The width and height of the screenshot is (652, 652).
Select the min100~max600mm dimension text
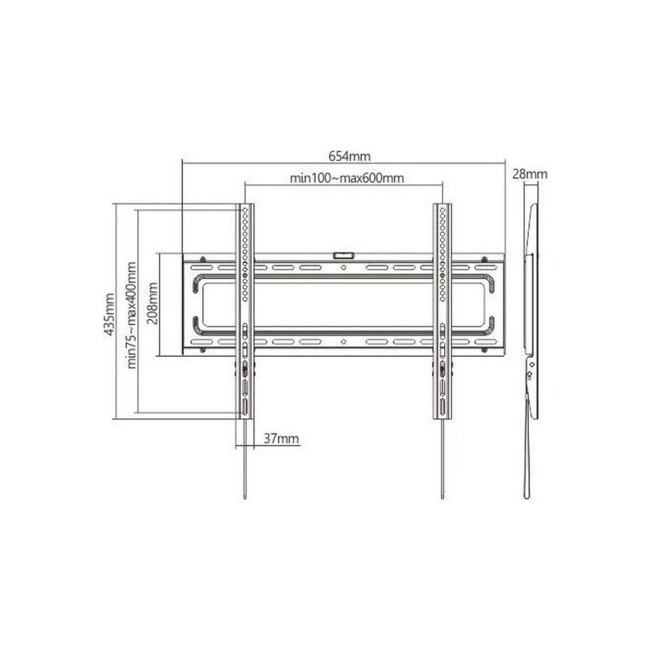(x=347, y=178)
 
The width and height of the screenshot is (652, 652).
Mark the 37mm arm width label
(x=281, y=439)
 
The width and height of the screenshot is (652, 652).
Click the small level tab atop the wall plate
(x=344, y=255)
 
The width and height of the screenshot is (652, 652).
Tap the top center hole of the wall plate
(x=344, y=267)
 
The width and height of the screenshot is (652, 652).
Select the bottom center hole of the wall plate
(x=344, y=342)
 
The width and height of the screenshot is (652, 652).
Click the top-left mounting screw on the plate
(x=202, y=260)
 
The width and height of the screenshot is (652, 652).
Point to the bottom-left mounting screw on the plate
(x=202, y=349)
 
